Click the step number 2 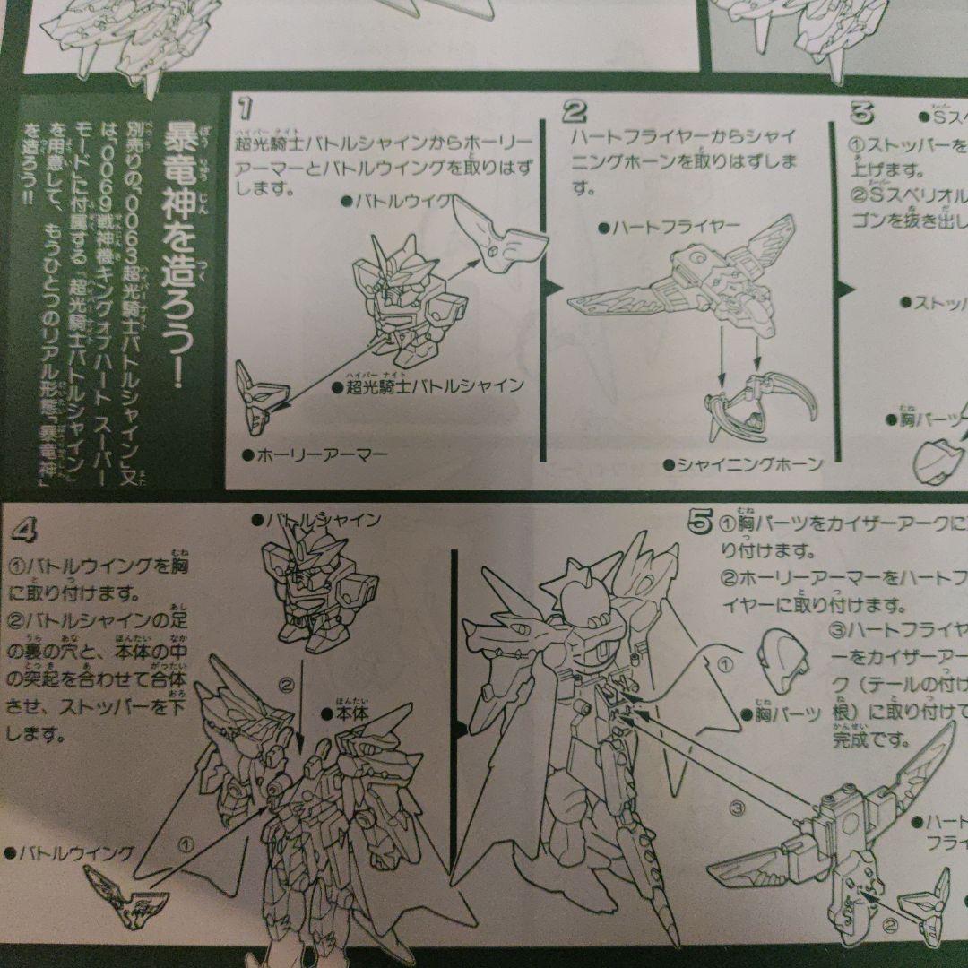(x=575, y=112)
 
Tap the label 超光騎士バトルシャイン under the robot (x=428, y=386)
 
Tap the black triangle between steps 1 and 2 (x=553, y=287)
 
